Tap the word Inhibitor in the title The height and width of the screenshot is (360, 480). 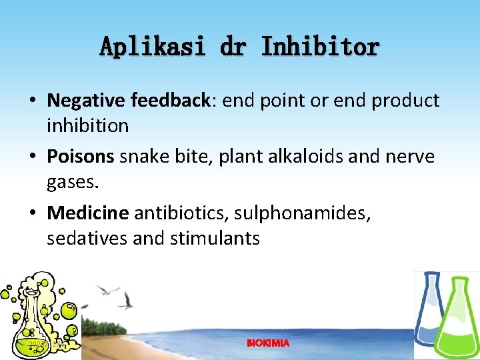click(x=320, y=47)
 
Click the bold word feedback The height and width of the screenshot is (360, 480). click(x=171, y=101)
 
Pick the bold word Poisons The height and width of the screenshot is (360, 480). click(x=81, y=157)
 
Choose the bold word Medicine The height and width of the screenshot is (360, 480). click(x=87, y=213)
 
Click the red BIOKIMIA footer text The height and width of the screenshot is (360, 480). click(x=268, y=343)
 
